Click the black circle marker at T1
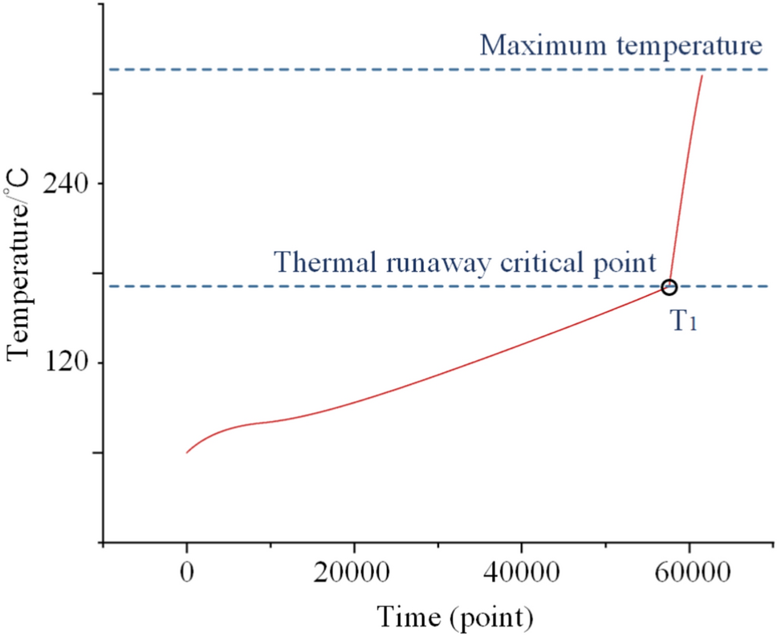(x=669, y=287)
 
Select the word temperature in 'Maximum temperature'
(x=681, y=45)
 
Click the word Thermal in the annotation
(x=319, y=261)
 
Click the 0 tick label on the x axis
(x=186, y=574)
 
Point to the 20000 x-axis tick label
(x=353, y=574)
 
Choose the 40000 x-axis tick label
(x=521, y=574)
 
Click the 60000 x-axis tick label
(x=689, y=574)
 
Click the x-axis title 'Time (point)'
(x=455, y=617)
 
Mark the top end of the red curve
(x=702, y=75)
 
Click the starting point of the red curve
(x=187, y=452)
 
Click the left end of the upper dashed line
(x=112, y=69)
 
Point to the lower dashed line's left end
(x=112, y=286)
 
